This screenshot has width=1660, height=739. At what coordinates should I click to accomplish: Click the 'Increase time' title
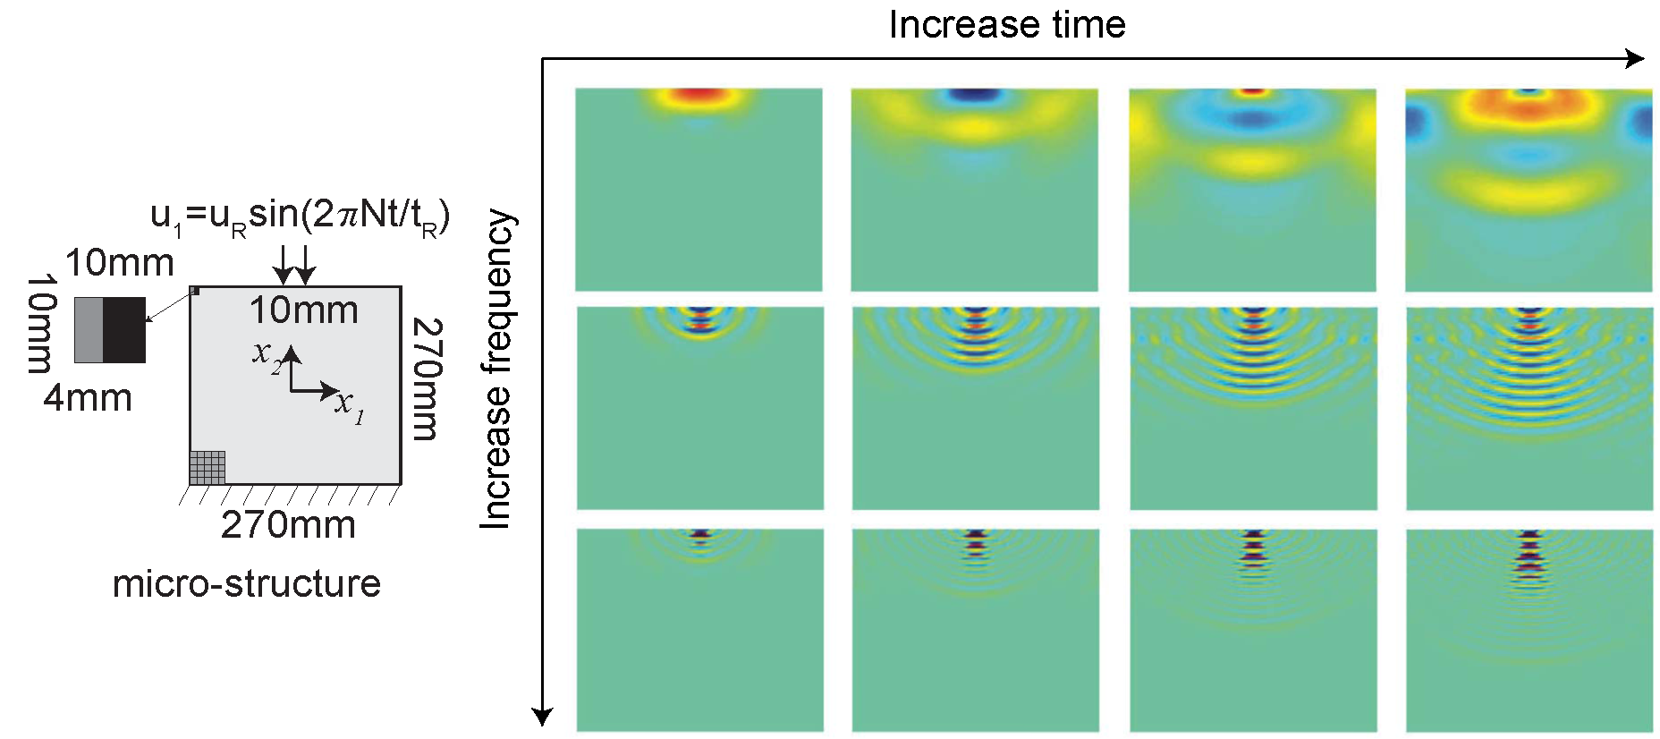click(x=1006, y=24)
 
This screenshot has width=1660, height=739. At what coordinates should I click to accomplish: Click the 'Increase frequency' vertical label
click(x=497, y=369)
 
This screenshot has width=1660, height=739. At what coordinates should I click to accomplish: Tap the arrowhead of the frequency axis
click(x=542, y=716)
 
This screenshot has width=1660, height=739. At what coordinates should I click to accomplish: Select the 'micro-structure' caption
click(x=247, y=584)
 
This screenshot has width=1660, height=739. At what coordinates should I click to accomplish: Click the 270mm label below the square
click(x=288, y=525)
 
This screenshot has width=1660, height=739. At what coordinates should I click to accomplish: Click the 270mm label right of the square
click(x=427, y=379)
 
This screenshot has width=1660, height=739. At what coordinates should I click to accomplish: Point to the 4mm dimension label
click(x=88, y=397)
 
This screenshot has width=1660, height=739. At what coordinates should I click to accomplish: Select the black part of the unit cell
click(x=124, y=330)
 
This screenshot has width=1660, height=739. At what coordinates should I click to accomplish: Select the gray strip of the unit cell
click(x=89, y=330)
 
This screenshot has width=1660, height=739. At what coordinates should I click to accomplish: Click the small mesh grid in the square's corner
click(x=207, y=467)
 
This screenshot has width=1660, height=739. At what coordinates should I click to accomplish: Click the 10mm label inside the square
click(x=303, y=310)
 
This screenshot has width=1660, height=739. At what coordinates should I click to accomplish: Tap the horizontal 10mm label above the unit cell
click(x=120, y=263)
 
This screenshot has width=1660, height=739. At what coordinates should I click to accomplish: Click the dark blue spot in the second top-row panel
click(x=976, y=93)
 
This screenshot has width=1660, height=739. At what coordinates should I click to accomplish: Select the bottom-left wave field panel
click(x=699, y=630)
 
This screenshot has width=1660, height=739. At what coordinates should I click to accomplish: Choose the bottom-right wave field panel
click(x=1529, y=630)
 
